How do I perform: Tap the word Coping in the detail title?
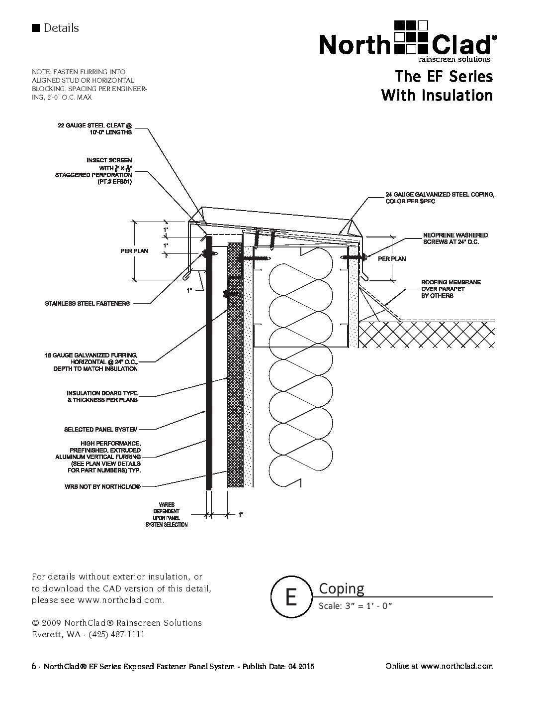341,588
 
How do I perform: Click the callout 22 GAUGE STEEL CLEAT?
95,129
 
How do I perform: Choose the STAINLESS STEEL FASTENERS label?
87,303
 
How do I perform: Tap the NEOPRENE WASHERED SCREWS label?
455,238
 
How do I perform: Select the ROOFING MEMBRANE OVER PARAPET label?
451,289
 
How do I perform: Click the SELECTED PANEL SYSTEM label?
100,429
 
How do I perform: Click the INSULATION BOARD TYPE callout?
102,396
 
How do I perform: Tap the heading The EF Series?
444,77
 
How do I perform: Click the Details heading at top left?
61,28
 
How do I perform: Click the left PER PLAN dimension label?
134,251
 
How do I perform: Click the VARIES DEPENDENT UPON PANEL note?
167,515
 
